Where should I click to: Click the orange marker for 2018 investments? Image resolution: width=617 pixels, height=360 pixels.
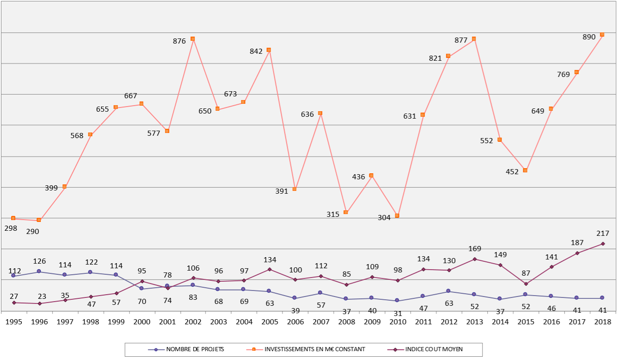click(x=602, y=35)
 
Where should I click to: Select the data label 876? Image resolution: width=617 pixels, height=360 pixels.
click(x=179, y=41)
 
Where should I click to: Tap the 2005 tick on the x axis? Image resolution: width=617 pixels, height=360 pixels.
click(x=269, y=321)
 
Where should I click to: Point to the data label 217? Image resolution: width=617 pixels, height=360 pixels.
click(x=603, y=233)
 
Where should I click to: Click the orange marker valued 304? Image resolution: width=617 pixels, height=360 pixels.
click(x=397, y=216)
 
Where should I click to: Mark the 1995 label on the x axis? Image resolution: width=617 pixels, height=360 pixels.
click(x=13, y=321)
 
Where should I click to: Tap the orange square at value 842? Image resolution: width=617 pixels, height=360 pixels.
click(x=269, y=50)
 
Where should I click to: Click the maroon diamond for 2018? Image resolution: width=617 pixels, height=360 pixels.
click(x=603, y=244)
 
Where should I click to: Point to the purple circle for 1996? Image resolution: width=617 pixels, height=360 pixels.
click(x=39, y=272)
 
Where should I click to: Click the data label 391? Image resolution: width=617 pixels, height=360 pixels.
click(x=281, y=190)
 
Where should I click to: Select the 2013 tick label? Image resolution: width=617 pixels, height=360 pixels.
click(x=474, y=321)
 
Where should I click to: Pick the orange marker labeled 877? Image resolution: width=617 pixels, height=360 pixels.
click(x=474, y=39)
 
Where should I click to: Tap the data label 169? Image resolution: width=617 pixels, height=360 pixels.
click(x=474, y=248)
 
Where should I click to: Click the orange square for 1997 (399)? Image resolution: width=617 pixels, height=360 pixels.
click(x=64, y=186)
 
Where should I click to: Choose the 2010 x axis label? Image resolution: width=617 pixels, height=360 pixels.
click(x=397, y=321)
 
